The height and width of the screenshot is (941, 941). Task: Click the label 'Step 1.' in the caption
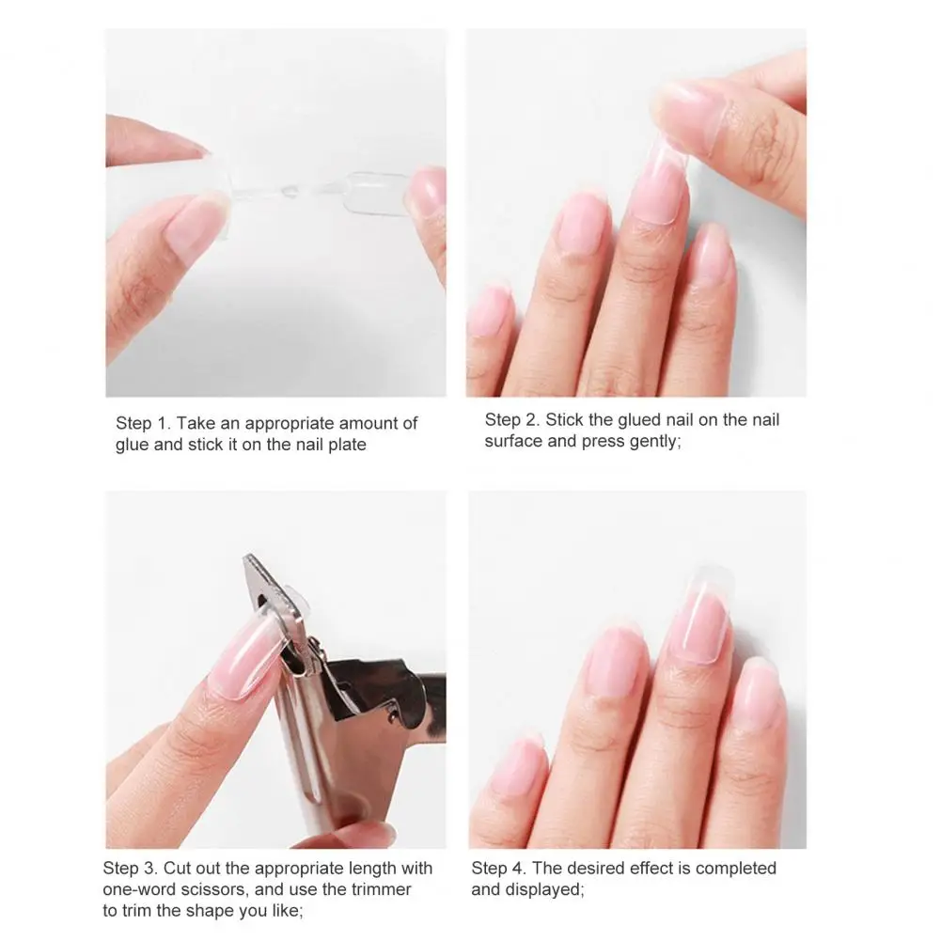[143, 424]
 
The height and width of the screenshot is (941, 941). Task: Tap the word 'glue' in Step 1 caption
[133, 445]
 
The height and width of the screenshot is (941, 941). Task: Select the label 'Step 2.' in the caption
[512, 420]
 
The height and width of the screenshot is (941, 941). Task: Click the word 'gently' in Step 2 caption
[651, 441]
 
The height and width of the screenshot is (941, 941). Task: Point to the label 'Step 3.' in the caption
[130, 868]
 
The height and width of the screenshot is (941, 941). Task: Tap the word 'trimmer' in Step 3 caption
[384, 889]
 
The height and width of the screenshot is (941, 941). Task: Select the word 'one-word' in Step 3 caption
[135, 889]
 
